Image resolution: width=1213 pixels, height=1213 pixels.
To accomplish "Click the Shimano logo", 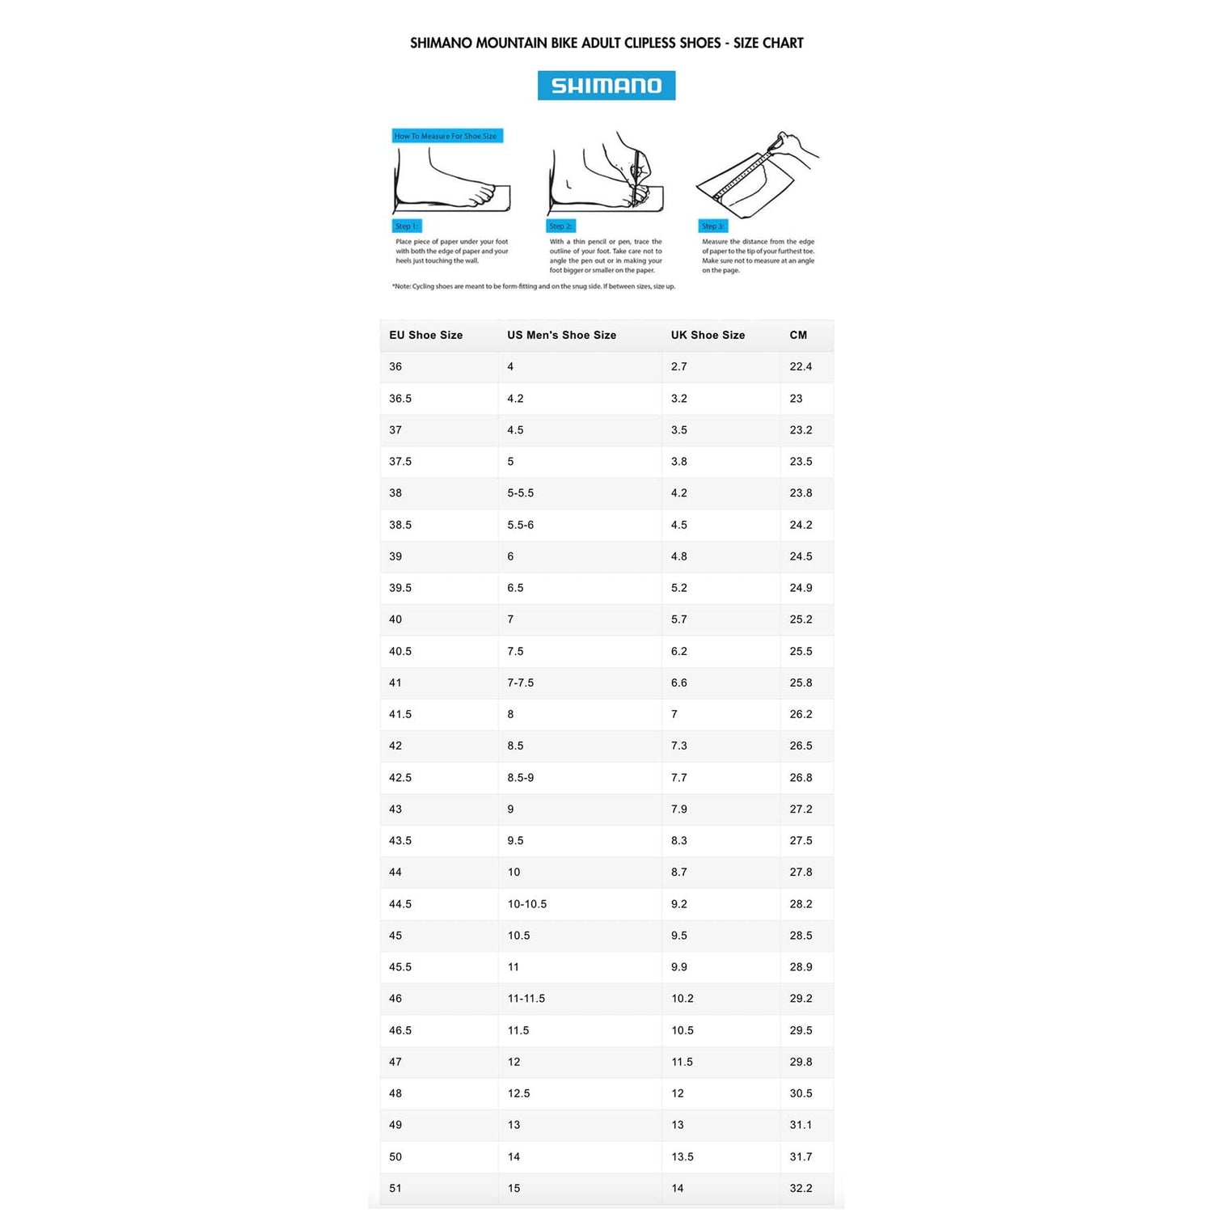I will point(606,86).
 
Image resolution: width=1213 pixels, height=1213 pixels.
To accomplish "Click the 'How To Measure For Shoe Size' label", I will point(446,136).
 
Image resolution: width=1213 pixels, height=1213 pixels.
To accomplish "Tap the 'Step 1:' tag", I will point(407,226).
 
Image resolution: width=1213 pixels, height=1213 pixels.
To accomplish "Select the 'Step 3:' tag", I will point(712,226).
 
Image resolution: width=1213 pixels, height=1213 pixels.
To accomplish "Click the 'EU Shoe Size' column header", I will point(425,335).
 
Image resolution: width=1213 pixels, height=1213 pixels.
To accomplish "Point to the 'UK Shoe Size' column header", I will point(708,335).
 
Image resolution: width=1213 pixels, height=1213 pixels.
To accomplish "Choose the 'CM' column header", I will point(798,335).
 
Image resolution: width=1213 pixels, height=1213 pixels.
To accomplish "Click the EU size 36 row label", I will point(395,366).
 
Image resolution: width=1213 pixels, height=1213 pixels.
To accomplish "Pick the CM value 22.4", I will point(801,366).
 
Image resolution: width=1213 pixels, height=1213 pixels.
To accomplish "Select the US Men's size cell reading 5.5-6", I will point(520,525).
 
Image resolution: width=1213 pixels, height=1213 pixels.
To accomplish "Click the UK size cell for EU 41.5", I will point(674,714).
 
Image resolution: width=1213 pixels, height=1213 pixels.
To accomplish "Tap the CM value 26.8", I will point(801,778).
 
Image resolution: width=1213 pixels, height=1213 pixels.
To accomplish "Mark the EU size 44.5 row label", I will point(400,904).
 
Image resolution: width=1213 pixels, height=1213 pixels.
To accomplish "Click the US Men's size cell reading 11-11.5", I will point(526,999).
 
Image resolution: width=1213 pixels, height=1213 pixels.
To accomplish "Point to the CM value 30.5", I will point(801,1093).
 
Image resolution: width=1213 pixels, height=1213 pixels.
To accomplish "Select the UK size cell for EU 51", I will point(678,1188).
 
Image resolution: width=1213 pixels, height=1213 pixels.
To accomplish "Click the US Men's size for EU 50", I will point(514,1156).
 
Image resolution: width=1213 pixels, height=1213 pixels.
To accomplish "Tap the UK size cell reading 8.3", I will point(678,841).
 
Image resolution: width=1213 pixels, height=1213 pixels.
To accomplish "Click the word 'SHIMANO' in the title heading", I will point(441,43).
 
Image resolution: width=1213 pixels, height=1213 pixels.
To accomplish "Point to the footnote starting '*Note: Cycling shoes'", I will point(534,286).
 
